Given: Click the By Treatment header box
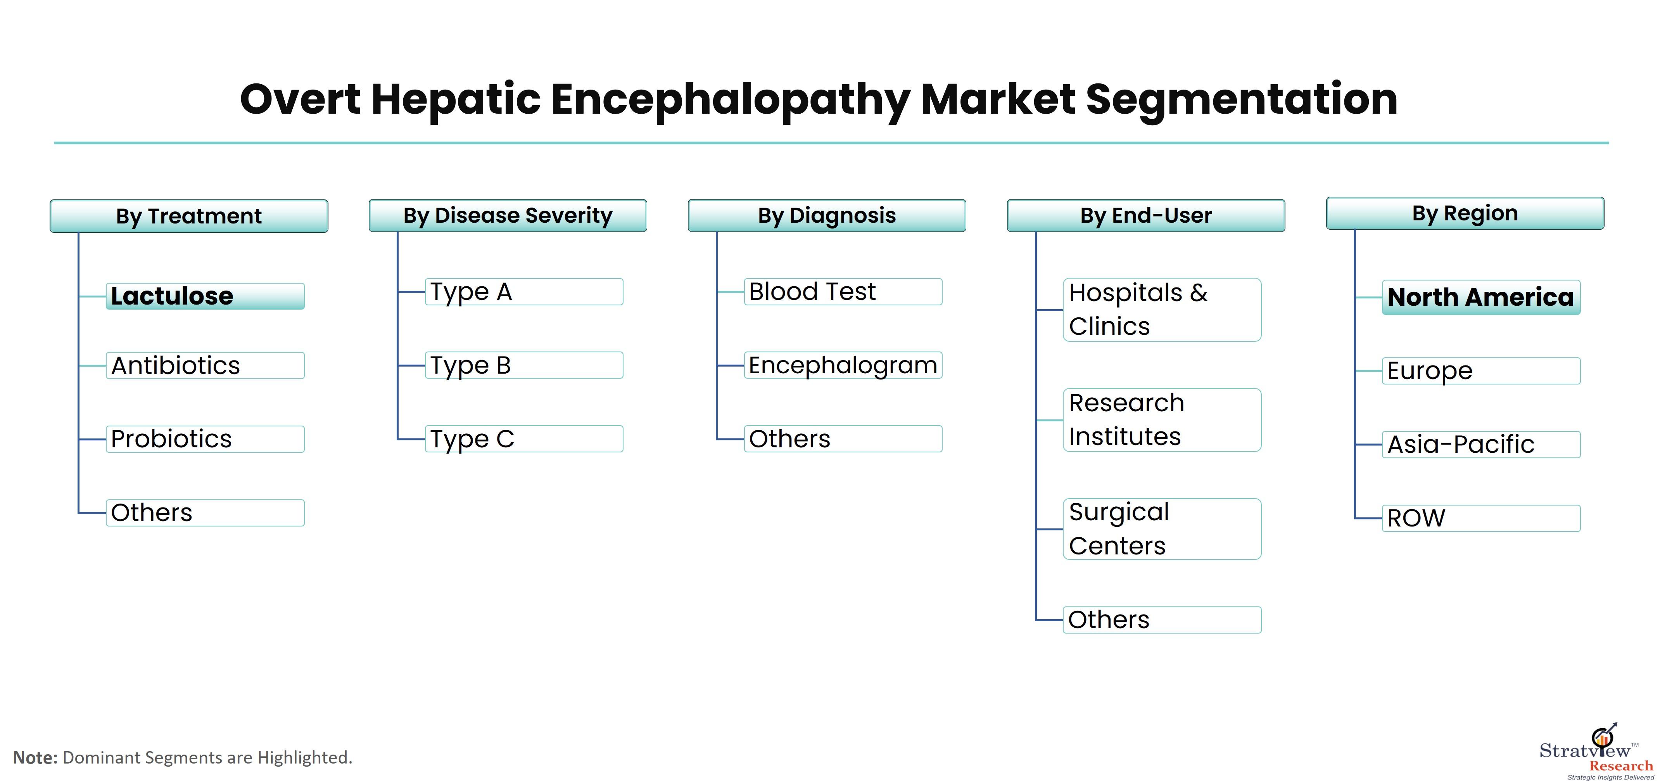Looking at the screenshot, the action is (x=189, y=216).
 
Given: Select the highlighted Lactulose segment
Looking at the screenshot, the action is (x=205, y=296).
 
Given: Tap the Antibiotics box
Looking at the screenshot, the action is (x=205, y=365).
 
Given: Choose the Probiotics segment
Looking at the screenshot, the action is (x=205, y=439).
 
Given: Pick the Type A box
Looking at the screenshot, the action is (x=524, y=291).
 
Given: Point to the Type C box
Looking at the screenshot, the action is (x=524, y=439).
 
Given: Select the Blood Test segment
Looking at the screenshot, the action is (x=843, y=291).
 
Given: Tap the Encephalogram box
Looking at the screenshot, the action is (x=843, y=365).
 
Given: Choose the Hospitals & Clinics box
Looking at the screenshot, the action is (x=1162, y=310).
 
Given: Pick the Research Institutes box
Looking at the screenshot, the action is (x=1162, y=420).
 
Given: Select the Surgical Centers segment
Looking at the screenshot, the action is (x=1162, y=529).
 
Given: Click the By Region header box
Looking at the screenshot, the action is (x=1465, y=213).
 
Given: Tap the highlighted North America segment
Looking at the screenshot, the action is (x=1481, y=297).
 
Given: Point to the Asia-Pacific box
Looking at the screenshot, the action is (x=1481, y=445).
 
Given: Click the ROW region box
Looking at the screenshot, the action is (x=1481, y=518).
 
